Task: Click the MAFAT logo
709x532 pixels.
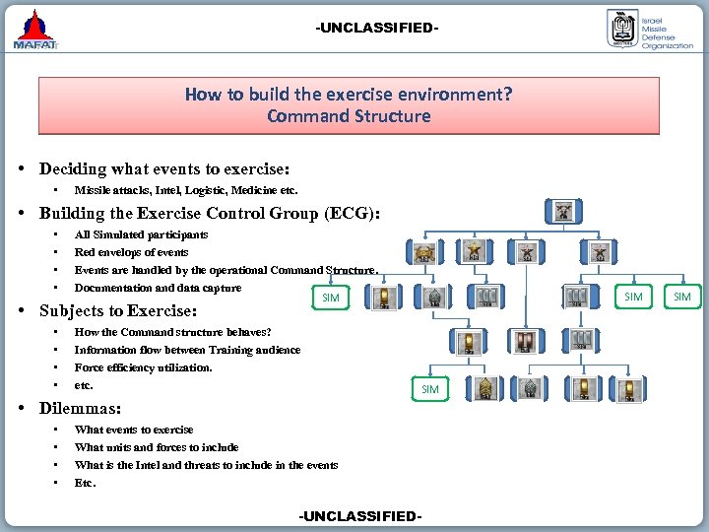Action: (x=35, y=30)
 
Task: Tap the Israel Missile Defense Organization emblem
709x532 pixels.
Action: (x=621, y=30)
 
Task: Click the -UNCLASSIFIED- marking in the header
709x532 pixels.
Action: (x=377, y=28)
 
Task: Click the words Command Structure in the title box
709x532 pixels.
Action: (x=349, y=116)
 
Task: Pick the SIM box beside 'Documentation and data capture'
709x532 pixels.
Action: (x=331, y=298)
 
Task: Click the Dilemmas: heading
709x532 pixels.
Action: (x=80, y=408)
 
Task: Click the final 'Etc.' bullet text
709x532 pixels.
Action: (x=85, y=483)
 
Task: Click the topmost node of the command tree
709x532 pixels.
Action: (x=564, y=211)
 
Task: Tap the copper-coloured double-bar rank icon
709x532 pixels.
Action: (x=524, y=341)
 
